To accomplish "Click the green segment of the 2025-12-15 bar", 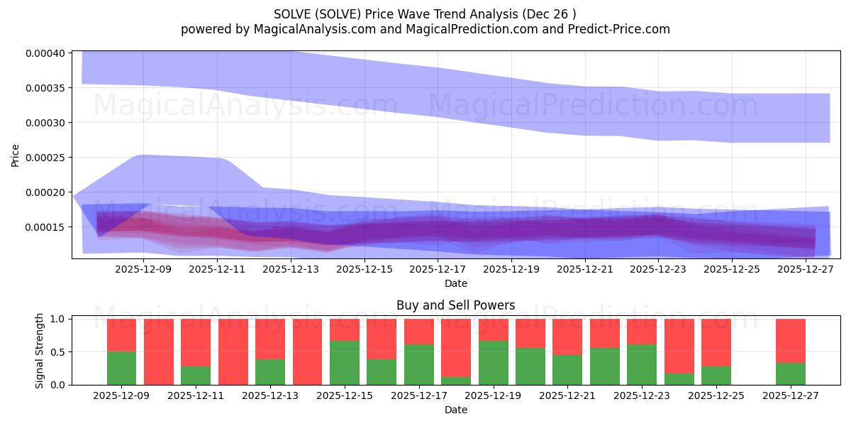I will coord(345,363).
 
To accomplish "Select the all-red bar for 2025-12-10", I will coord(159,351).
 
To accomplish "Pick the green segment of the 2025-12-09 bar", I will coord(121,368).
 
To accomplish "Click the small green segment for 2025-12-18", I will coord(456,381).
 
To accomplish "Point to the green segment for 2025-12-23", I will coord(642,364).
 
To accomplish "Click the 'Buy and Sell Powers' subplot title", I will coord(455,306).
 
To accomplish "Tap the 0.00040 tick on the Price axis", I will coord(45,53).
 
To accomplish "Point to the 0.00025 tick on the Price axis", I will coord(45,158).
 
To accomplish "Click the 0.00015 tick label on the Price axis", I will coord(45,227).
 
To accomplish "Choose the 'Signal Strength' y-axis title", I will coord(40,351).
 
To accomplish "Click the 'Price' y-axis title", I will coord(16,154).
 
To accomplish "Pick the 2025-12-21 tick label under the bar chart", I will coord(567,395).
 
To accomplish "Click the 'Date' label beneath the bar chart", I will coord(455,410).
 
